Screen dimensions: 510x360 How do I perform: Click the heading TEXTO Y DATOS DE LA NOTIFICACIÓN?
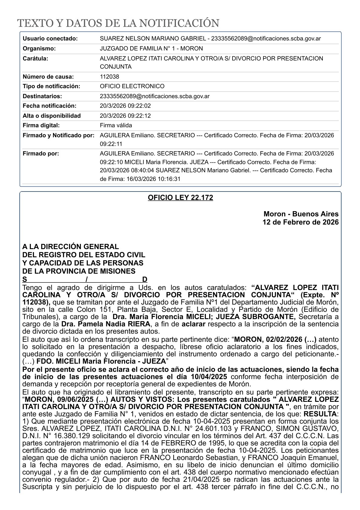[118, 23]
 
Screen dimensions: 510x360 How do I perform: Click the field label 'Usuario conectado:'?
[50, 38]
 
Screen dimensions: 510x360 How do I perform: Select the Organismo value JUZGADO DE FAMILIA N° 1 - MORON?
[151, 48]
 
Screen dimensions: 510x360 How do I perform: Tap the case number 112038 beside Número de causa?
[110, 77]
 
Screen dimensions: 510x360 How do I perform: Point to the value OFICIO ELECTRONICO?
[132, 86]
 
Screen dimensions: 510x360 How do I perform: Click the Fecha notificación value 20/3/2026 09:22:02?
[125, 106]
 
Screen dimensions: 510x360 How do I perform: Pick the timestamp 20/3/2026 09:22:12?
[125, 116]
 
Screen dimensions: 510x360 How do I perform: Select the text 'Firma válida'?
[116, 125]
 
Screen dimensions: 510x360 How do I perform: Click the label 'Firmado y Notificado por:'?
[58, 135]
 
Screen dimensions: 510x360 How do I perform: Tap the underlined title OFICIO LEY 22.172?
[180, 198]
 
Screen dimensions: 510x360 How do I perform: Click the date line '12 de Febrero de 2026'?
[301, 222]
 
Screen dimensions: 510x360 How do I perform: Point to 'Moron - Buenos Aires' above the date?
[301, 214]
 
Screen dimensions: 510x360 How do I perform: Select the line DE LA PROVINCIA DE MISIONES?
[79, 271]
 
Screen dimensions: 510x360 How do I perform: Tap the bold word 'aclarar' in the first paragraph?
[193, 324]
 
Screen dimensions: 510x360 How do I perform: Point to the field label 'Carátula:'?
[36, 58]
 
